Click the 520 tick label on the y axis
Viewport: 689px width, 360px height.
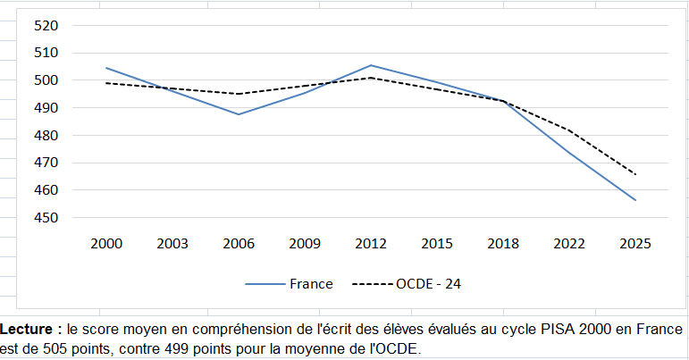pos(46,26)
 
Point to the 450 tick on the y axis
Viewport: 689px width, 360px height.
pos(46,218)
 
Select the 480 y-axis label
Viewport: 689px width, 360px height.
pos(46,135)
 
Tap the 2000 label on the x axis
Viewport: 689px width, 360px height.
pos(106,244)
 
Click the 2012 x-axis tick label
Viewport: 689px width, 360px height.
pos(371,244)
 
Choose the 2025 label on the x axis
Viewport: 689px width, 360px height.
pos(635,244)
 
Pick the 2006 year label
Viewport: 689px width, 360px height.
pos(239,244)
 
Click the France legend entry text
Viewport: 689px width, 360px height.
pos(311,284)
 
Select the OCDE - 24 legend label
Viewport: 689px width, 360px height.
pos(428,284)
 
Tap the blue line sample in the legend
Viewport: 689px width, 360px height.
pos(265,284)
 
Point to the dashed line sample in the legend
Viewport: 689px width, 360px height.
pos(373,284)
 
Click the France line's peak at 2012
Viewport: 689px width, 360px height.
pos(371,65)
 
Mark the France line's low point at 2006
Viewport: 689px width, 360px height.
pos(239,114)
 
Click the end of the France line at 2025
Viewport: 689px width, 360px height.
pos(635,200)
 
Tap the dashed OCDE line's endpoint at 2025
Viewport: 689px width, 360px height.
pos(635,174)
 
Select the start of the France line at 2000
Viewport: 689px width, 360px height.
pos(106,68)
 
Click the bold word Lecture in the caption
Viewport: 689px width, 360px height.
pos(27,330)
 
